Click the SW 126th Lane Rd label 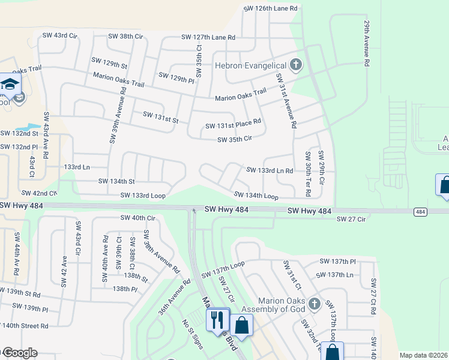click(270, 9)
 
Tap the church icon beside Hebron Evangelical click(295, 64)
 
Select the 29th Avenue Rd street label click(365, 44)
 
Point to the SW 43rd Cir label click(60, 36)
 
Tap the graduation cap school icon click(10, 85)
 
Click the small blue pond click(26, 128)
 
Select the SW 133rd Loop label click(142, 196)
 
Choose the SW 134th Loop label click(256, 196)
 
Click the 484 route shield click(420, 211)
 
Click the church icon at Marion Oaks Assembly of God click(314, 304)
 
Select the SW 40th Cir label click(138, 218)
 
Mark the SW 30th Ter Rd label click(308, 172)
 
